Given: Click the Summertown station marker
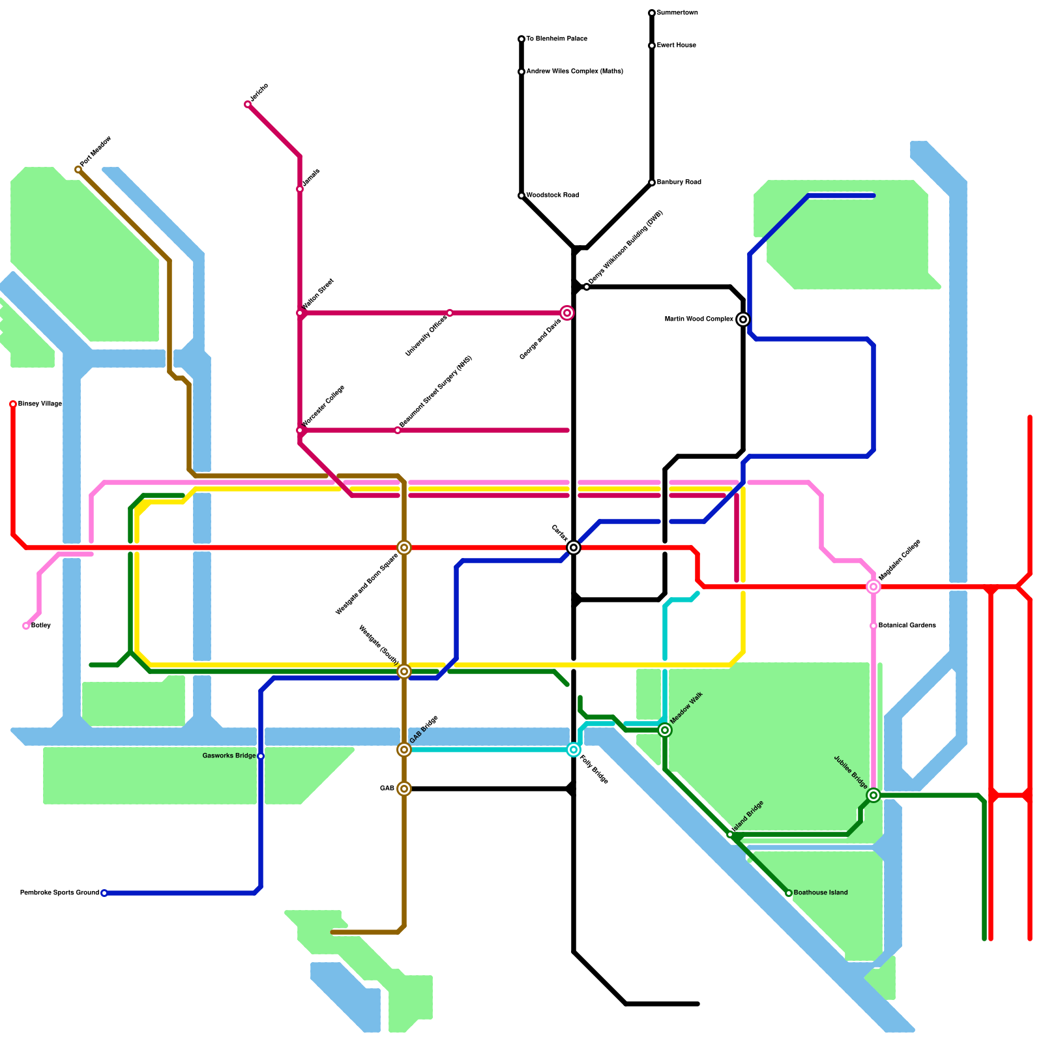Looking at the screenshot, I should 652,13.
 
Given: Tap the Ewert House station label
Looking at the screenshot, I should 677,46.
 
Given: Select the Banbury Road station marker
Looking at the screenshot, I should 652,183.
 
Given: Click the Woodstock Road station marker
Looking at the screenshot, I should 521,196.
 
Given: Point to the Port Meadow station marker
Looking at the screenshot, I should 78,169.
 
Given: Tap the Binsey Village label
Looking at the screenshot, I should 40,404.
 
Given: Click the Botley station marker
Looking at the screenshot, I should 26,626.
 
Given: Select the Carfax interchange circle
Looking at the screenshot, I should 574,548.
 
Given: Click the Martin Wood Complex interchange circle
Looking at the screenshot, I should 743,319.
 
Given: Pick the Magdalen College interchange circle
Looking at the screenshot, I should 874,587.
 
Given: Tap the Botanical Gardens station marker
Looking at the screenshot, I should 874,626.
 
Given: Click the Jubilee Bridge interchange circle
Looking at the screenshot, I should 874,795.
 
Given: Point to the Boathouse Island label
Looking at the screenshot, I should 821,893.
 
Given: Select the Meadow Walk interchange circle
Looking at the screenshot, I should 665,730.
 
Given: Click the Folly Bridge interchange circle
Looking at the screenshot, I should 574,750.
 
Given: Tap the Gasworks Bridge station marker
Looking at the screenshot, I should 261,756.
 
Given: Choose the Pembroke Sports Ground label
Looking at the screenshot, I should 59,893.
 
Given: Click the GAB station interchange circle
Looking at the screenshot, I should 404,789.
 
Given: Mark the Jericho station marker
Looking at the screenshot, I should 248,104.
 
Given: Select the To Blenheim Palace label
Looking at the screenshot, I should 557,39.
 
